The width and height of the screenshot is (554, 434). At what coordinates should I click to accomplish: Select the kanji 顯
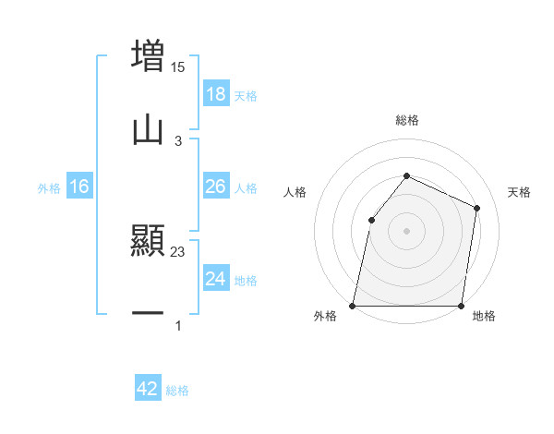[x=148, y=242]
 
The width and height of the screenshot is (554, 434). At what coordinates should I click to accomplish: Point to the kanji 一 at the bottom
[x=148, y=314]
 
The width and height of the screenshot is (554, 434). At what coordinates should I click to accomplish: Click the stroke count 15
[x=178, y=66]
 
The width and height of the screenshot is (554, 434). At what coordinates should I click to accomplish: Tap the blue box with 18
[x=215, y=94]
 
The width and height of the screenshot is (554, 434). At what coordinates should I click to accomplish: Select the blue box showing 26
[x=215, y=187]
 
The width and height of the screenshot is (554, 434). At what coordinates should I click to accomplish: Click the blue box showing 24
[x=215, y=279]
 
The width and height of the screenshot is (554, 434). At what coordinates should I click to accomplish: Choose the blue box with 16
[x=79, y=187]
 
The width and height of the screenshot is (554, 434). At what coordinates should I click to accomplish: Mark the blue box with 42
[x=148, y=389]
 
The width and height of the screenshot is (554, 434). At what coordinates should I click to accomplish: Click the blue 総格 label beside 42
[x=177, y=391]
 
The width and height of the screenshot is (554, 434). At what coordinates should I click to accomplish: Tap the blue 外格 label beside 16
[x=49, y=188]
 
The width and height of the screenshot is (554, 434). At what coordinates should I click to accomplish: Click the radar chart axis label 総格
[x=406, y=120]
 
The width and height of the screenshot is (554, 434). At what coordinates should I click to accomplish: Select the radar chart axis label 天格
[x=520, y=192]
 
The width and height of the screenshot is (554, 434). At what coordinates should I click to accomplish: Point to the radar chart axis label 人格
[x=295, y=192]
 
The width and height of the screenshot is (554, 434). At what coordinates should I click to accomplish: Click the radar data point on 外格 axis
[x=353, y=306]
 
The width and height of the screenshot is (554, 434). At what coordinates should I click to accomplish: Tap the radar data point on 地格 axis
[x=461, y=306]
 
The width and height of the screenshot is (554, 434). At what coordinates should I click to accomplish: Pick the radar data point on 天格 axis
[x=477, y=208]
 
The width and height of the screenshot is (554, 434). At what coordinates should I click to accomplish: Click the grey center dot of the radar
[x=406, y=230]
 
